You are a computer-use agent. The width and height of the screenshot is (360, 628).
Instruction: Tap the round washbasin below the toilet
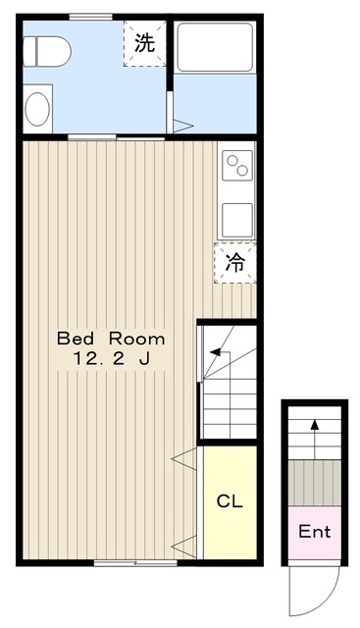38,109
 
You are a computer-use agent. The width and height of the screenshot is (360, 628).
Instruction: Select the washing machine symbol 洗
144,43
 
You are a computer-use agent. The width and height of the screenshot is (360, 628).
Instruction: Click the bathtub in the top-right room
214,48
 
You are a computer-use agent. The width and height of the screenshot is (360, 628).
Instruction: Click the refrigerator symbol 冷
235,262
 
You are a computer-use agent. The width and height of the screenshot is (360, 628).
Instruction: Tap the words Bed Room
110,339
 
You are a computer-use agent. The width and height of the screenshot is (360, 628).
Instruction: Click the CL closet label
229,501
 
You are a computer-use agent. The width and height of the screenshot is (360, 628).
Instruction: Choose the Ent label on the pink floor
314,533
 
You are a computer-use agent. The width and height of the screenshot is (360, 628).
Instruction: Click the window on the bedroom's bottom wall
135,563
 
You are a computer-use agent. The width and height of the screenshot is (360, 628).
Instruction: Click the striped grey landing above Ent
314,481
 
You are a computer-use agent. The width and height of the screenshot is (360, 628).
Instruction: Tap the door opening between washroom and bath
172,107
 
